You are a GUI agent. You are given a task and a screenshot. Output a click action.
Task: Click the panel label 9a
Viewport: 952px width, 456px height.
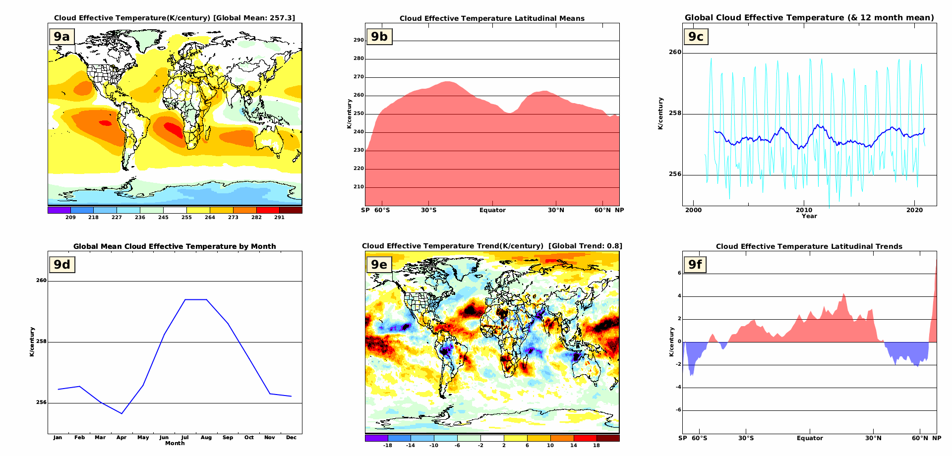tap(62, 37)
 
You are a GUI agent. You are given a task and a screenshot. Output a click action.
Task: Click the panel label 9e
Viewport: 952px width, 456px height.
tap(379, 265)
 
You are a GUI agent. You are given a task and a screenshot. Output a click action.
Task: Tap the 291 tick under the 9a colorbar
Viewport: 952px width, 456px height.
tap(279, 218)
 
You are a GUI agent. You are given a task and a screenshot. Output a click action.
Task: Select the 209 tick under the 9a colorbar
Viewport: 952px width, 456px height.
tap(70, 218)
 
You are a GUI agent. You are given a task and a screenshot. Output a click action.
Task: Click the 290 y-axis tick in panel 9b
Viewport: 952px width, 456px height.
tap(358, 40)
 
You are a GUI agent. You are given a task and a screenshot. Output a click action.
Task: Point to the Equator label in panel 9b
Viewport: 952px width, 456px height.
tap(492, 210)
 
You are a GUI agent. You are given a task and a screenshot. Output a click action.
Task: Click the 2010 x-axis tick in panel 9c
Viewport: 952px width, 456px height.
tap(804, 210)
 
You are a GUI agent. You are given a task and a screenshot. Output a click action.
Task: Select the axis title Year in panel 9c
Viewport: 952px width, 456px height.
tap(809, 216)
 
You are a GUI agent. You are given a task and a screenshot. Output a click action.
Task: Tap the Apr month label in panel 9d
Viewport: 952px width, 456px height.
tap(121, 438)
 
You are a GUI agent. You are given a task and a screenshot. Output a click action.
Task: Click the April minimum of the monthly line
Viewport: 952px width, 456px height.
tap(122, 413)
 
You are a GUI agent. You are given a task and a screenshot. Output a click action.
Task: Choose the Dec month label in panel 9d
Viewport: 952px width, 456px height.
tap(291, 438)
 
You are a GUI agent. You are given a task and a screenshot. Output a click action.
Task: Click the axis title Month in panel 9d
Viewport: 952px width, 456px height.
tap(175, 443)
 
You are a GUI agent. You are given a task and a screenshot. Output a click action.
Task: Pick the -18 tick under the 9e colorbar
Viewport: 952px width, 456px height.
tap(388, 446)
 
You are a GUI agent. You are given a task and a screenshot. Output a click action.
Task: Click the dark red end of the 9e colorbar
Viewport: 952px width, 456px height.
tap(608, 438)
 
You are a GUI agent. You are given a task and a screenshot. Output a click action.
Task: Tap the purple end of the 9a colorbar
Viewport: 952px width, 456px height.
tap(59, 210)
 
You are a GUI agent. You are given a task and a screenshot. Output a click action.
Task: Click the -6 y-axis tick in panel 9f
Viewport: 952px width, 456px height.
tap(678, 410)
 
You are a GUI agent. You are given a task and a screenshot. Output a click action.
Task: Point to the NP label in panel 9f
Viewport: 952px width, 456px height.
tap(936, 438)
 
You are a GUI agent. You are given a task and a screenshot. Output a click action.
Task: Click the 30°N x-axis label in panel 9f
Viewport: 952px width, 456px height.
tap(873, 438)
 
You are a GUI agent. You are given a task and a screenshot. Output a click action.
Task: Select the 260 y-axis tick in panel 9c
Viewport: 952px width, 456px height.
tap(675, 52)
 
